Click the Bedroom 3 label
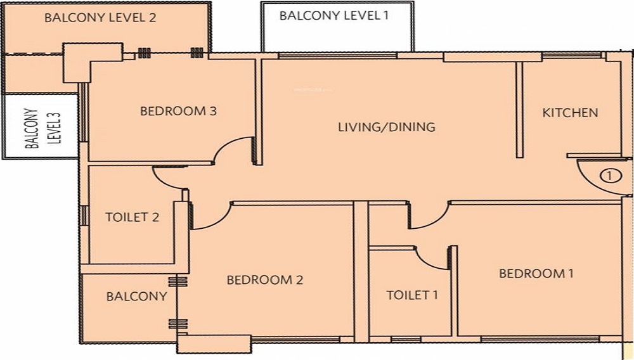tap(178, 111)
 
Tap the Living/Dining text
tap(387, 127)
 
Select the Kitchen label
tap(570, 112)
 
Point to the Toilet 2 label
tap(133, 217)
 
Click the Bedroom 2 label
tap(265, 280)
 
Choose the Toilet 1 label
tap(412, 295)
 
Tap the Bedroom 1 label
tap(536, 274)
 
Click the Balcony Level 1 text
tap(334, 16)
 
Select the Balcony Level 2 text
tap(100, 18)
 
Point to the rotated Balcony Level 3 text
tap(42, 127)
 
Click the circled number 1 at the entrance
tap(611, 176)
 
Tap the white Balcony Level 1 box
tap(337, 27)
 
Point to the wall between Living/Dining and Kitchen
tap(520, 110)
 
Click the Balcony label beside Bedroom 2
tap(136, 296)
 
